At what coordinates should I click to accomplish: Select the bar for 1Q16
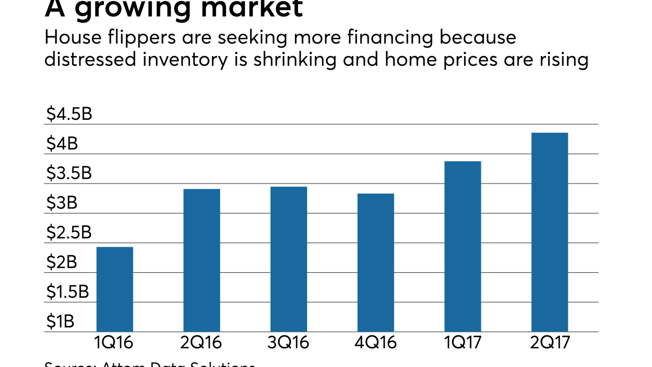pyautogui.click(x=115, y=289)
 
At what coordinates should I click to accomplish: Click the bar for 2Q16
pyautogui.click(x=202, y=260)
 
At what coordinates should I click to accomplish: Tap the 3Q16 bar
pyautogui.click(x=289, y=259)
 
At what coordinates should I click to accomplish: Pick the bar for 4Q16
pyautogui.click(x=375, y=263)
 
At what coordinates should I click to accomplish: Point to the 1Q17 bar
pyautogui.click(x=463, y=246)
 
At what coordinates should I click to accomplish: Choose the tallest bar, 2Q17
pyautogui.click(x=550, y=232)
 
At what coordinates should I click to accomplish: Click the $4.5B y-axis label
pyautogui.click(x=69, y=114)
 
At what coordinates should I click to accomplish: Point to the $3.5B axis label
pyautogui.click(x=69, y=173)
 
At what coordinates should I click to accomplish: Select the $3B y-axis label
pyautogui.click(x=62, y=203)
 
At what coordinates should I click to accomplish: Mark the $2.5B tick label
pyautogui.click(x=69, y=232)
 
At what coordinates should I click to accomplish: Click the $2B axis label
pyautogui.click(x=62, y=262)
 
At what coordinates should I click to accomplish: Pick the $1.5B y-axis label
pyautogui.click(x=68, y=292)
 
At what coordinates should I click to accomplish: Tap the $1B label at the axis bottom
pyautogui.click(x=60, y=321)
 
